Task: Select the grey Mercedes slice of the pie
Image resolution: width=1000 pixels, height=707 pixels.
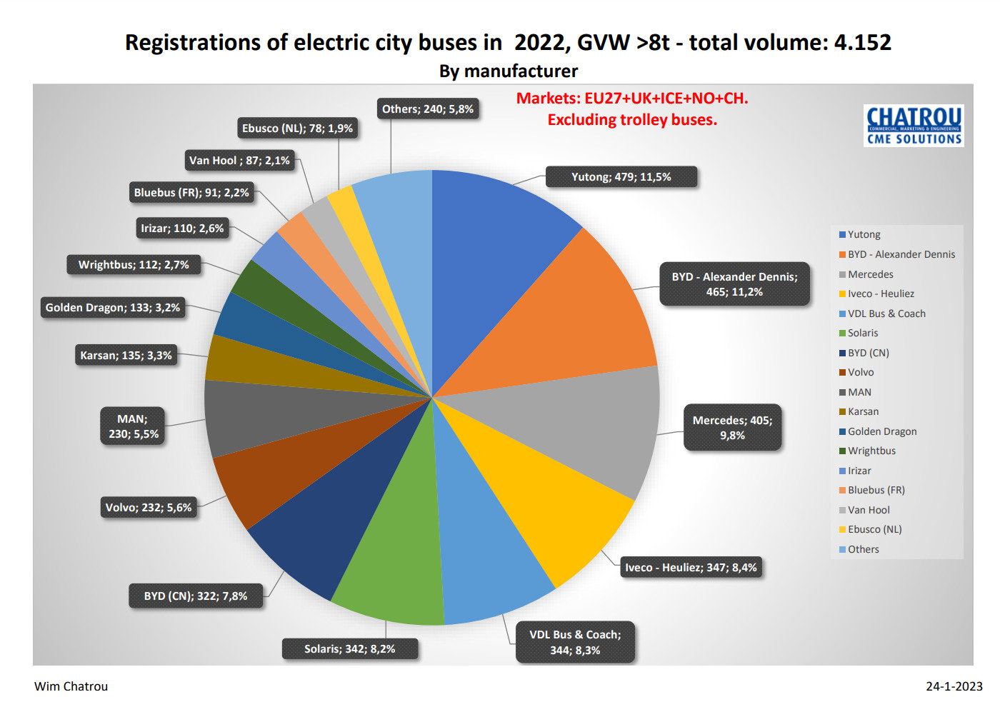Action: pos(589,424)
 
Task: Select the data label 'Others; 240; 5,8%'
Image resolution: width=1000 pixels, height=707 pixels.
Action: pos(428,109)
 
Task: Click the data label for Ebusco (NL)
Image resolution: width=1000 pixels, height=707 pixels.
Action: pos(297,129)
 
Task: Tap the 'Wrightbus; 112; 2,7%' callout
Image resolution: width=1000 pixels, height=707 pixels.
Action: pos(134,265)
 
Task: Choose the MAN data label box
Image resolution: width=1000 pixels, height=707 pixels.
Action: pos(133,426)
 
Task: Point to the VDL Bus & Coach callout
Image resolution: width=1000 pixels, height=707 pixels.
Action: pos(575,642)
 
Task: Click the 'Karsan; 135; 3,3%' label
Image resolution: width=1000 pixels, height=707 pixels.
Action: pos(126,356)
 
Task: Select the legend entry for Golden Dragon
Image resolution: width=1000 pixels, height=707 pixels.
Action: pos(878,431)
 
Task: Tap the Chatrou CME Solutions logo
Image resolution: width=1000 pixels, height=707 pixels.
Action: pos(914,126)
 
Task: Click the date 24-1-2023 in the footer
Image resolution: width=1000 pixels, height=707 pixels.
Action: pos(954,686)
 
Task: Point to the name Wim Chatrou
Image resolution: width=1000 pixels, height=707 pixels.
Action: pos(71,686)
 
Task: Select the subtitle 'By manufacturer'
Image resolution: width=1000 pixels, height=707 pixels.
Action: pos(509,71)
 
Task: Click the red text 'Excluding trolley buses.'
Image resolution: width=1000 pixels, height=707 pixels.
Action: pos(632,120)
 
